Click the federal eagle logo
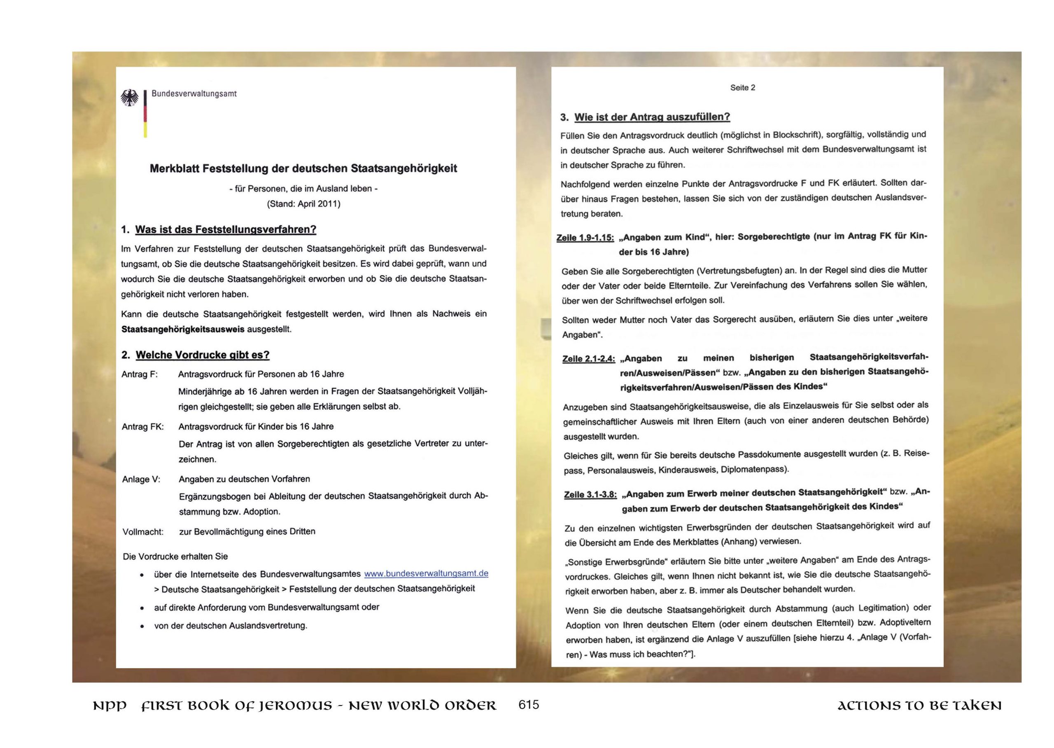tap(129, 98)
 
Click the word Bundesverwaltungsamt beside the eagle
tap(194, 93)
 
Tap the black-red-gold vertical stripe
tap(145, 114)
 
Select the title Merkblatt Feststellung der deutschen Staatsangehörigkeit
tap(303, 168)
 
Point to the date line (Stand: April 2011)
tap(303, 203)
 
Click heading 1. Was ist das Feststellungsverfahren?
tap(219, 229)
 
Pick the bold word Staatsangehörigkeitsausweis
tap(183, 330)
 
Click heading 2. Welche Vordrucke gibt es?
tap(196, 355)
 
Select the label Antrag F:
tap(140, 374)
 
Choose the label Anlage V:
tap(141, 479)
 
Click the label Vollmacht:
tap(143, 532)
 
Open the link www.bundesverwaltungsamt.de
tap(426, 573)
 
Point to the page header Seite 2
tap(742, 87)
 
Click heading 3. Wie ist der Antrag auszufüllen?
tap(645, 117)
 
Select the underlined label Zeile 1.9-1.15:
tap(585, 238)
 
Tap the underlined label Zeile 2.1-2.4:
tap(589, 359)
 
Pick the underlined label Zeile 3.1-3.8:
tap(590, 495)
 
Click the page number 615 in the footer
tap(528, 705)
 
